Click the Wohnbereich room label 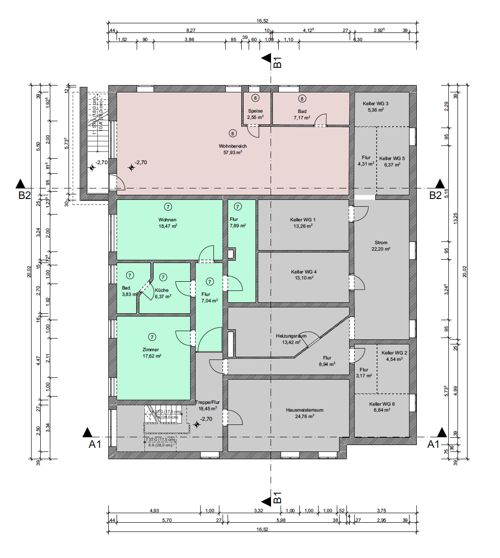[x=233, y=149]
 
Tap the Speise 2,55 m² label [x=255, y=114]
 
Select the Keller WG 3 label [x=375, y=107]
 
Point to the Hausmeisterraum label [x=304, y=413]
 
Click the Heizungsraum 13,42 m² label [x=291, y=339]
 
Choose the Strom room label [x=381, y=246]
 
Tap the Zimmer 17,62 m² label [x=151, y=353]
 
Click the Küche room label [x=162, y=293]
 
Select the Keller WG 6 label [x=382, y=407]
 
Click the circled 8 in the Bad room [x=302, y=98]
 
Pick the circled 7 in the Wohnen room [x=168, y=207]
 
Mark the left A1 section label [x=95, y=444]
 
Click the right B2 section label [x=435, y=195]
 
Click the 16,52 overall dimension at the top [x=262, y=21]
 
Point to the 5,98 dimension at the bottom [x=281, y=520]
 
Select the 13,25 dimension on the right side [x=455, y=218]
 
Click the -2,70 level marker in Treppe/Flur [x=206, y=419]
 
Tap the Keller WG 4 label [x=304, y=274]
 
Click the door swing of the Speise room [x=253, y=132]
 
